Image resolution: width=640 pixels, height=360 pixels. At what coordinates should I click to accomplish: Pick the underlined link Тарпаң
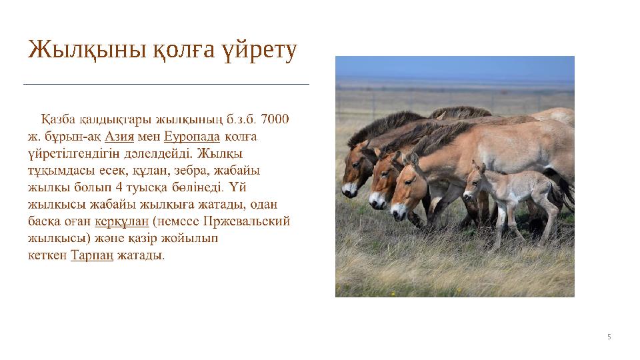pyautogui.click(x=91, y=255)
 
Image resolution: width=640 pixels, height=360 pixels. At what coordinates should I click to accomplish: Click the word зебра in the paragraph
pyautogui.click(x=177, y=170)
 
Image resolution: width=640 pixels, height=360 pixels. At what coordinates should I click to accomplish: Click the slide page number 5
pyautogui.click(x=609, y=337)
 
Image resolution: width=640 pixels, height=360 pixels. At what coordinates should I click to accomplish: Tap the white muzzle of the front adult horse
pyautogui.click(x=398, y=212)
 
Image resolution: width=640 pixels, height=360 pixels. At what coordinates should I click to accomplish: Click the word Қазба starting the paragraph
pyautogui.click(x=58, y=120)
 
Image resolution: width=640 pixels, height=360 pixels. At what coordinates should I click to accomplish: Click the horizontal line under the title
pyautogui.click(x=167, y=85)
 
